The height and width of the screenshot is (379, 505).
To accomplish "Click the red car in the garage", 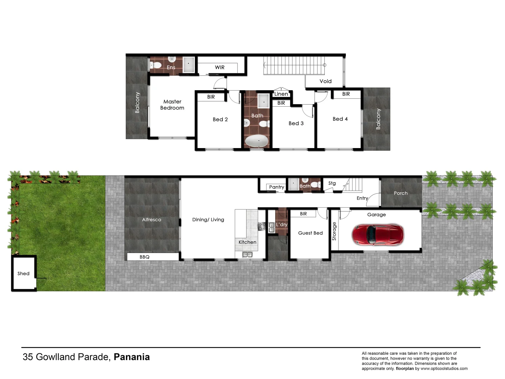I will click(378, 234).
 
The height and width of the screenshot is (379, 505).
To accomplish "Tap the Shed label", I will click(23, 273).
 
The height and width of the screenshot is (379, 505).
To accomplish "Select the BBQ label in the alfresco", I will click(144, 257).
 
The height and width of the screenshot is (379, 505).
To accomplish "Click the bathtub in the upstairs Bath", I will click(257, 141).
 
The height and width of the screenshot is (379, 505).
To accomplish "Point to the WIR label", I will click(220, 67).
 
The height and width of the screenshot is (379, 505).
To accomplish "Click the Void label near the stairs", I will click(325, 81).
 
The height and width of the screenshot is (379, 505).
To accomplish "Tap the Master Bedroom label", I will click(172, 105).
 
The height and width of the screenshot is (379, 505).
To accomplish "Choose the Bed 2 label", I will click(220, 119).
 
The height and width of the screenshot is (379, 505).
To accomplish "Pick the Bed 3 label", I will click(296, 123).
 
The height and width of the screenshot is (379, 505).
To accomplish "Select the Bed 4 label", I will click(340, 119).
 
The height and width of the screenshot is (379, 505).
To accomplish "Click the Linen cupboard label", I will click(281, 94).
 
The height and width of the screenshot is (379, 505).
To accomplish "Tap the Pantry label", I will click(277, 187).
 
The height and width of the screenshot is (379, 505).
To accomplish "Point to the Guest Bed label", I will click(310, 233).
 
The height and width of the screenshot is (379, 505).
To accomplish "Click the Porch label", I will click(400, 193).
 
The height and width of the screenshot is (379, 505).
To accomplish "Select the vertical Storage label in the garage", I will click(334, 231).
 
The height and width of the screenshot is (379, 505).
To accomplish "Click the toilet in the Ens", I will click(156, 65).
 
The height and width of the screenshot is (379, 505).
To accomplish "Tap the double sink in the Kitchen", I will click(247, 254).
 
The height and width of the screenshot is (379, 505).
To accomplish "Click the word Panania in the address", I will click(132, 357).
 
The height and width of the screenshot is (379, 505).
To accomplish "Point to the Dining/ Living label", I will click(208, 220).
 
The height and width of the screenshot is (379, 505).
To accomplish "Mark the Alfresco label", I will click(151, 220).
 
